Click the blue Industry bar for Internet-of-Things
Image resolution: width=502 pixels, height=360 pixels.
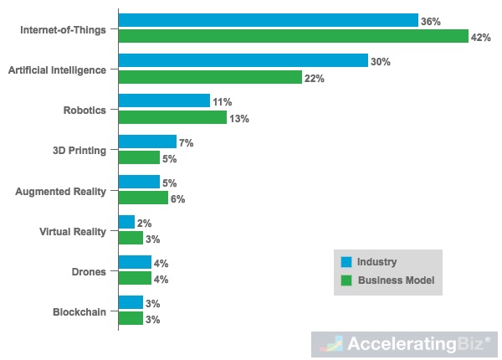coord(268,20)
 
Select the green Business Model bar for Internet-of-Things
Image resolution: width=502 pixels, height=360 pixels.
coord(293,36)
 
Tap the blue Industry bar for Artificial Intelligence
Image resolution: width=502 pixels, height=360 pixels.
coord(243,60)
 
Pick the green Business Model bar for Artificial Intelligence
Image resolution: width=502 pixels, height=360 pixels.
coord(209,76)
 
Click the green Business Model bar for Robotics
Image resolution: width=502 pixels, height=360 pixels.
coord(172,117)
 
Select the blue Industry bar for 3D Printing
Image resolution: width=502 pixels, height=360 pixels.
coord(147,141)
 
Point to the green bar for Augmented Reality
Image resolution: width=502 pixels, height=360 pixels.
coord(143,198)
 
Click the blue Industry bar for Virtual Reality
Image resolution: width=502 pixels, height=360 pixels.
coord(126,223)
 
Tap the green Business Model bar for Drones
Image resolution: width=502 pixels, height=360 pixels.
coord(135,279)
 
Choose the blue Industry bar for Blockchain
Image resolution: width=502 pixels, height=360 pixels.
coord(131,302)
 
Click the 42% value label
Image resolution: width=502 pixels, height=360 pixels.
coord(481,38)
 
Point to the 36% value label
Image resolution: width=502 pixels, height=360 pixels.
coord(431,21)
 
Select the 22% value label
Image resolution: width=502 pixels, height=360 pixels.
coord(314,78)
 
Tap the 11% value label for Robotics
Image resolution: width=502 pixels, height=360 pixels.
coord(222,102)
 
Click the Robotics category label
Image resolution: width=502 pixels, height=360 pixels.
coord(85,110)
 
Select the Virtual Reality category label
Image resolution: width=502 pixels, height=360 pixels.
coord(73,231)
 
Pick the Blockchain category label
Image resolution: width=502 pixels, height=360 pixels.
coord(79,311)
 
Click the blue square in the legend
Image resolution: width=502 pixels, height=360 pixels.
coord(346,261)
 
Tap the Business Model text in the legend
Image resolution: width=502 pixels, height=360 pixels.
coord(395,280)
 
